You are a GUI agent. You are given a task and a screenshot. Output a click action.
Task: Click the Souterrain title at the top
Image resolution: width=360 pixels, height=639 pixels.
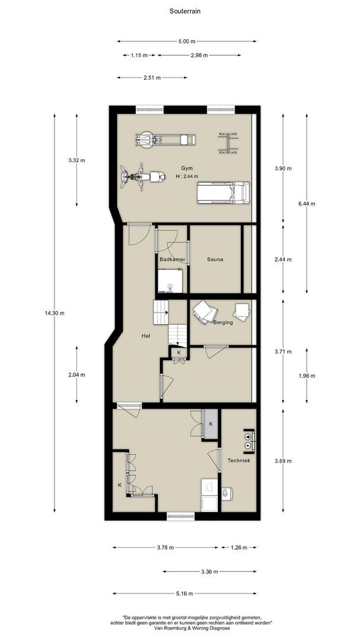[185, 11]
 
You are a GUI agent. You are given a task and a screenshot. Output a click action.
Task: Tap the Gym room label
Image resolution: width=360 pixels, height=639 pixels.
[188, 168]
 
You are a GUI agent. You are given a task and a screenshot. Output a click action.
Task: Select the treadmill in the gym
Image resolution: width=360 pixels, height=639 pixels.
[223, 193]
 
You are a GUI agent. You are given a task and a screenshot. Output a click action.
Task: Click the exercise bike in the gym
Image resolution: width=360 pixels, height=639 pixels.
[143, 177]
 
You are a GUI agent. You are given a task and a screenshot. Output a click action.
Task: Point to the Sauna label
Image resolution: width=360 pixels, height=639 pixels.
[215, 259]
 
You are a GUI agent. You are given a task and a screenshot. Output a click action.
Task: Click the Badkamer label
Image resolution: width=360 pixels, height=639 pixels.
[172, 259]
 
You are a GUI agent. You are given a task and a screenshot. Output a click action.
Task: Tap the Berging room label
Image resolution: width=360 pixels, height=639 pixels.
[223, 322]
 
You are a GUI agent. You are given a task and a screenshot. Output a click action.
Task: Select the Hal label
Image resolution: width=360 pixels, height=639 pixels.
[145, 336]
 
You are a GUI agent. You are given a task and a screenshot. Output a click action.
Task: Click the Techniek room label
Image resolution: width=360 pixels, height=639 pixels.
[239, 460]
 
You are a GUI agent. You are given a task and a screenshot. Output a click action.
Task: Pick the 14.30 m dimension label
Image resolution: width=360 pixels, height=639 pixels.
[54, 313]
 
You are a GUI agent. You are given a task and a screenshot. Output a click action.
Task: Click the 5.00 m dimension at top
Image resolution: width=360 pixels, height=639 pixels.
[187, 41]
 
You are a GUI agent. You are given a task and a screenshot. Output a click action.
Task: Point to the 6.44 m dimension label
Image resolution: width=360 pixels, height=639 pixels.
[307, 204]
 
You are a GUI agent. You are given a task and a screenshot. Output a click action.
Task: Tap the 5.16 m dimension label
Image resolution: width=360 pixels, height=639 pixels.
[185, 593]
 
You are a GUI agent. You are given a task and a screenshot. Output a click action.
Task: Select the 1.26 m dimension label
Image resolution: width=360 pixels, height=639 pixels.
[239, 547]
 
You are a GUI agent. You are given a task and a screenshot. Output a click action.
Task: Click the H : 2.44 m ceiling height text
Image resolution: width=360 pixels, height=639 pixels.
[187, 176]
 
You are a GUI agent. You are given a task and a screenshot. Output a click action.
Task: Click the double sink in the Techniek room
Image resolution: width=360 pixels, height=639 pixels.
[249, 441]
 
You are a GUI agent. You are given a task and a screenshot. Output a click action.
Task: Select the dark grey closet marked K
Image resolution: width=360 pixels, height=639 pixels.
[211, 424]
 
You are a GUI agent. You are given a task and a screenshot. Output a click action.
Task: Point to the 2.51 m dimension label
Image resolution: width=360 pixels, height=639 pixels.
[152, 78]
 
